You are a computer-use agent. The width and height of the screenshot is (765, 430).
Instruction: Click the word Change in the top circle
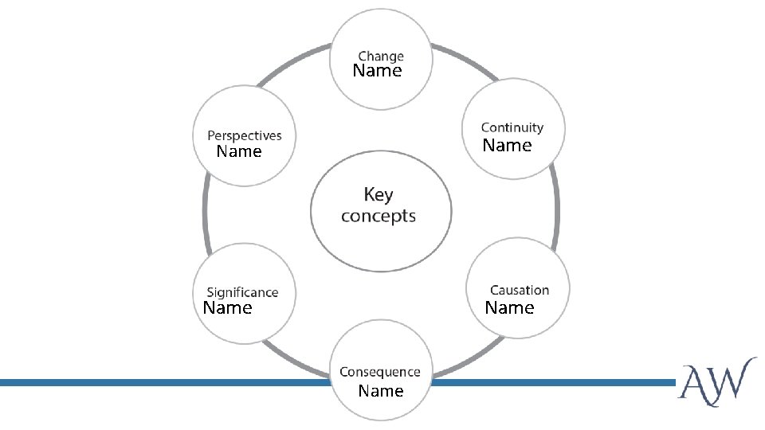[x=381, y=57]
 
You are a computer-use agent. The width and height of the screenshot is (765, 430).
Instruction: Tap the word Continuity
[x=512, y=127]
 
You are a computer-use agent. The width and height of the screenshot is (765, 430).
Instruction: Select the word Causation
[x=520, y=291]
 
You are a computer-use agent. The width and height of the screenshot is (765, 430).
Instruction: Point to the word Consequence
[x=380, y=372]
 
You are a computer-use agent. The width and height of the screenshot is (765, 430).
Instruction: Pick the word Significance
[x=243, y=293]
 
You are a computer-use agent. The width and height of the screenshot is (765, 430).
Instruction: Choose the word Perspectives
[x=245, y=136]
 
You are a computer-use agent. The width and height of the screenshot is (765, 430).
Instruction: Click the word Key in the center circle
[x=379, y=194]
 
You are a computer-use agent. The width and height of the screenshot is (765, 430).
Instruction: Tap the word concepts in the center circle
[x=379, y=216]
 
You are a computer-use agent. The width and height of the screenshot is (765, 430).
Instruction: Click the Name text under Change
[x=378, y=72]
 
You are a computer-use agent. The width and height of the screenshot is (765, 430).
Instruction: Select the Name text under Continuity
[x=508, y=146]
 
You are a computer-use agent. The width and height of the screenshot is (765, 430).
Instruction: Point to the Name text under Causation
[x=510, y=308]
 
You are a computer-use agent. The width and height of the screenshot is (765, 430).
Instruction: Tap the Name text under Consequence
[x=381, y=391]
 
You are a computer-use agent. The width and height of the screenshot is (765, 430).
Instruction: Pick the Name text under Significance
[x=228, y=308]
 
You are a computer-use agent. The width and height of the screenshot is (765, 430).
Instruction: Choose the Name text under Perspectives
[x=239, y=152]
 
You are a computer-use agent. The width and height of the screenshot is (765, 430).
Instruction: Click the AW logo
[x=717, y=382]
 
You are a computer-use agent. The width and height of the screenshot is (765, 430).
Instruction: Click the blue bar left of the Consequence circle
[x=159, y=383]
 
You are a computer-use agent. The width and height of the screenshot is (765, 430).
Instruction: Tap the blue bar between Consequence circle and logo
[x=550, y=383]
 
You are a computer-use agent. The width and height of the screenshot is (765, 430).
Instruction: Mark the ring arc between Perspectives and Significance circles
[x=206, y=215]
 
